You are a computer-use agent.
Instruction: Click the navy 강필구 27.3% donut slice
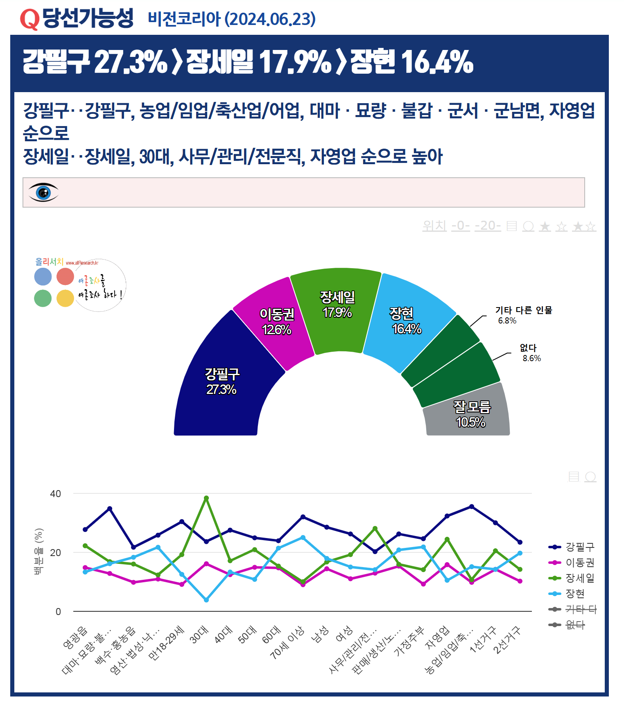tap(221, 381)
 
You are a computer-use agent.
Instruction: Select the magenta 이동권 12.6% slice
tap(276, 322)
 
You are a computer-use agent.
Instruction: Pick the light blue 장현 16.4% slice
tap(405, 321)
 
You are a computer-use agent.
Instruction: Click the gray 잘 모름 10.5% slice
tap(471, 414)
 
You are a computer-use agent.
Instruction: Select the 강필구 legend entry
tap(579, 547)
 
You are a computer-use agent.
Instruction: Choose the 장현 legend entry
tap(575, 594)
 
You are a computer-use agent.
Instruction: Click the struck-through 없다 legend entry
tap(575, 625)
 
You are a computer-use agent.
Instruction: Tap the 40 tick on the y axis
tap(55, 494)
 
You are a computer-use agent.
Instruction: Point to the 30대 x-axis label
tap(199, 635)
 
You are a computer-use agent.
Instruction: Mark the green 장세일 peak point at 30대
tap(206, 498)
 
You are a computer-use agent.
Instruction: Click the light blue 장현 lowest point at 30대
tap(206, 600)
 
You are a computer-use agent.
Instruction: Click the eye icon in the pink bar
tap(43, 192)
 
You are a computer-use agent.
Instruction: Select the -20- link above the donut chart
tap(488, 226)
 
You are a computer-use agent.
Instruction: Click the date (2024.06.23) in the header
tap(270, 19)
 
